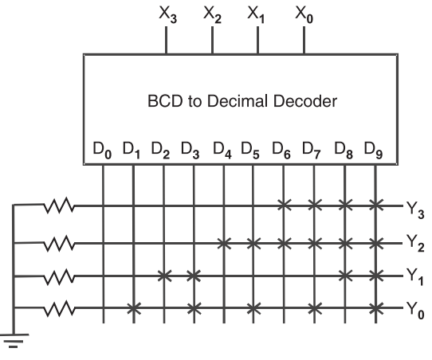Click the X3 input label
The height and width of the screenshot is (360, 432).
168,14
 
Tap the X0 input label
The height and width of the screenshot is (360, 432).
304,14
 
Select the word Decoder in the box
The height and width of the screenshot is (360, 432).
305,101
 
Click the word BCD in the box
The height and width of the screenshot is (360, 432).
165,101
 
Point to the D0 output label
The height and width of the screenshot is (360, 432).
103,151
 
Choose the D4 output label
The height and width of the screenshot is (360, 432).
222,151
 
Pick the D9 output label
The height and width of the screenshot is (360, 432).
373,151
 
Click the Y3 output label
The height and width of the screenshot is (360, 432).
415,210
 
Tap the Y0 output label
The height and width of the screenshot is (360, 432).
415,311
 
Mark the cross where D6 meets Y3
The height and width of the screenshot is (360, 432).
284,205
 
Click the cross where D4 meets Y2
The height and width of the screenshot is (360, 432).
224,243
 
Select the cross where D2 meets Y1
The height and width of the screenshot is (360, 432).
164,276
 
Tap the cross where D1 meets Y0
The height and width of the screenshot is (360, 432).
134,308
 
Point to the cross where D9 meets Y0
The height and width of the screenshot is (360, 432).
375,308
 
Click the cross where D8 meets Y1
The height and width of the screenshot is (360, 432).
345,276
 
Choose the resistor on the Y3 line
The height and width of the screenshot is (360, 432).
59,205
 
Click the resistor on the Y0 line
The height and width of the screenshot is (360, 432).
59,308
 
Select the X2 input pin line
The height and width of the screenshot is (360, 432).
212,40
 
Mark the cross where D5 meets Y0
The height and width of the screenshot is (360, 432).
253,308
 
